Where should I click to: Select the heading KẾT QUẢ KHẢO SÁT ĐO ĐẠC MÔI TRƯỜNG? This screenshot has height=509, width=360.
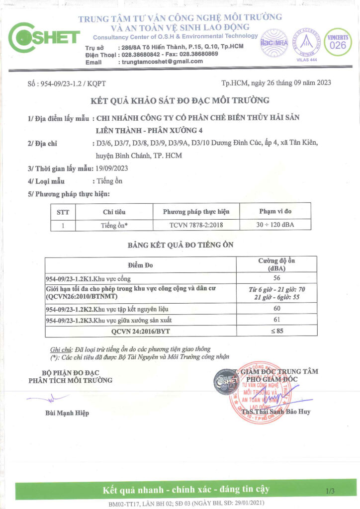click(x=180, y=101)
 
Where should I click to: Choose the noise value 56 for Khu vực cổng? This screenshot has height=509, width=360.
click(x=277, y=278)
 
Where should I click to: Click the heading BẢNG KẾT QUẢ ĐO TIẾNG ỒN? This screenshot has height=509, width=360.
click(x=180, y=245)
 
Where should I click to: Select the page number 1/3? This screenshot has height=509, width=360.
click(x=330, y=491)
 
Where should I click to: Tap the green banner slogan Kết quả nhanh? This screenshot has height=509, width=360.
click(x=186, y=489)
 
